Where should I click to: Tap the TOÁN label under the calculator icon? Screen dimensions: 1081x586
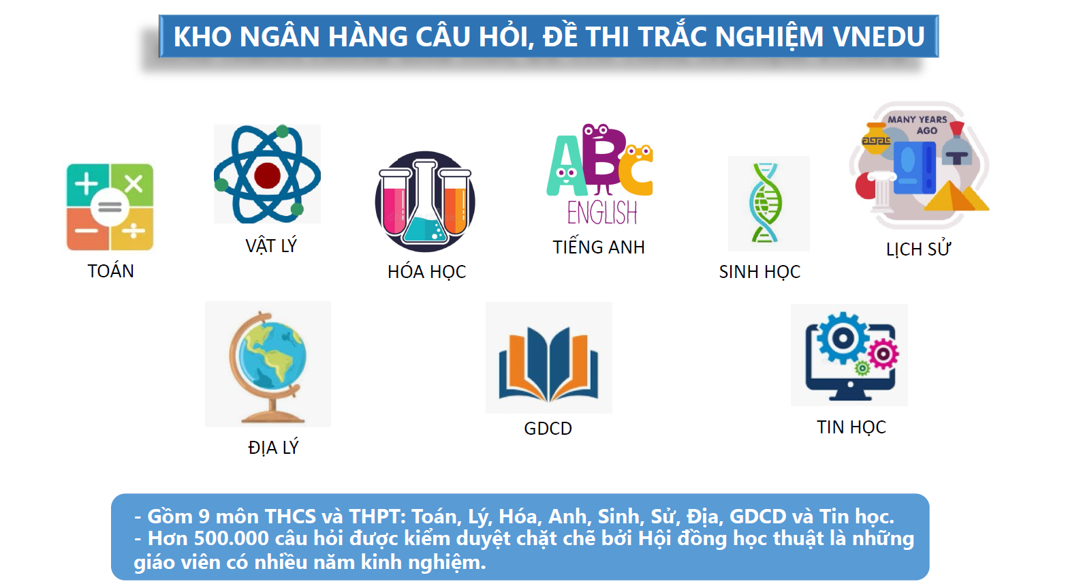pyautogui.click(x=110, y=271)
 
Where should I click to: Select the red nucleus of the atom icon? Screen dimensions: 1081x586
pyautogui.click(x=267, y=175)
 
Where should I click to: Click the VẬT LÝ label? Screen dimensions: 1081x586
pyautogui.click(x=270, y=245)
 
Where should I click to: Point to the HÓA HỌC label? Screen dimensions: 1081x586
pyautogui.click(x=426, y=272)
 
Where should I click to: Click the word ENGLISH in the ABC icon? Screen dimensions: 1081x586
pyautogui.click(x=602, y=213)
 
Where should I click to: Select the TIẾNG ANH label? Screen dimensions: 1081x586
pyautogui.click(x=599, y=247)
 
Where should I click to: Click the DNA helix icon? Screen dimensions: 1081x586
pyautogui.click(x=766, y=203)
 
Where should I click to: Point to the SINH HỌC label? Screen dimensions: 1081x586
pyautogui.click(x=759, y=271)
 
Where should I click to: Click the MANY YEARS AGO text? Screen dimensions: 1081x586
pyautogui.click(x=918, y=125)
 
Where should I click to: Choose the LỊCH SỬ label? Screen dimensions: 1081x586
pyautogui.click(x=918, y=249)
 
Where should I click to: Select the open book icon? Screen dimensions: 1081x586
pyautogui.click(x=549, y=364)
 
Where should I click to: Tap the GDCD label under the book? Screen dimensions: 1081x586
pyautogui.click(x=548, y=428)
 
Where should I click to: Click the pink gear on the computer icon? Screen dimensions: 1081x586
pyautogui.click(x=883, y=354)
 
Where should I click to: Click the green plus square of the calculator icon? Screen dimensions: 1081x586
pyautogui.click(x=87, y=185)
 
